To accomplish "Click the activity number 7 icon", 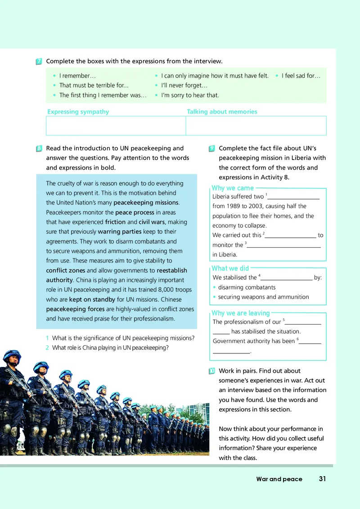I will click(x=39, y=62).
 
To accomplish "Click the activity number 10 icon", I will click(x=212, y=371).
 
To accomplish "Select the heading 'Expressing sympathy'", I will click(x=78, y=112).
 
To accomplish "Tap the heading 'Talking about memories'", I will click(x=222, y=112).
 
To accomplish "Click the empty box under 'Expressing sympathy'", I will click(x=116, y=125).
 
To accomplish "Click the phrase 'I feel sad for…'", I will click(x=301, y=76).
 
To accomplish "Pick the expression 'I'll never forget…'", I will click(x=184, y=85).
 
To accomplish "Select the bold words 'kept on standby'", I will click(x=92, y=299).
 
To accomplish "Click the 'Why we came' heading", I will click(x=233, y=188).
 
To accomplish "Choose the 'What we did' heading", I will click(x=230, y=268).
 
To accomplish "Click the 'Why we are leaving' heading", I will click(x=240, y=313).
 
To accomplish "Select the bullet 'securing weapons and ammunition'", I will click(x=263, y=297).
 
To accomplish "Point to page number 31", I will click(x=322, y=479).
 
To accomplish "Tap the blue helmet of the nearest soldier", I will click(x=11, y=356).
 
